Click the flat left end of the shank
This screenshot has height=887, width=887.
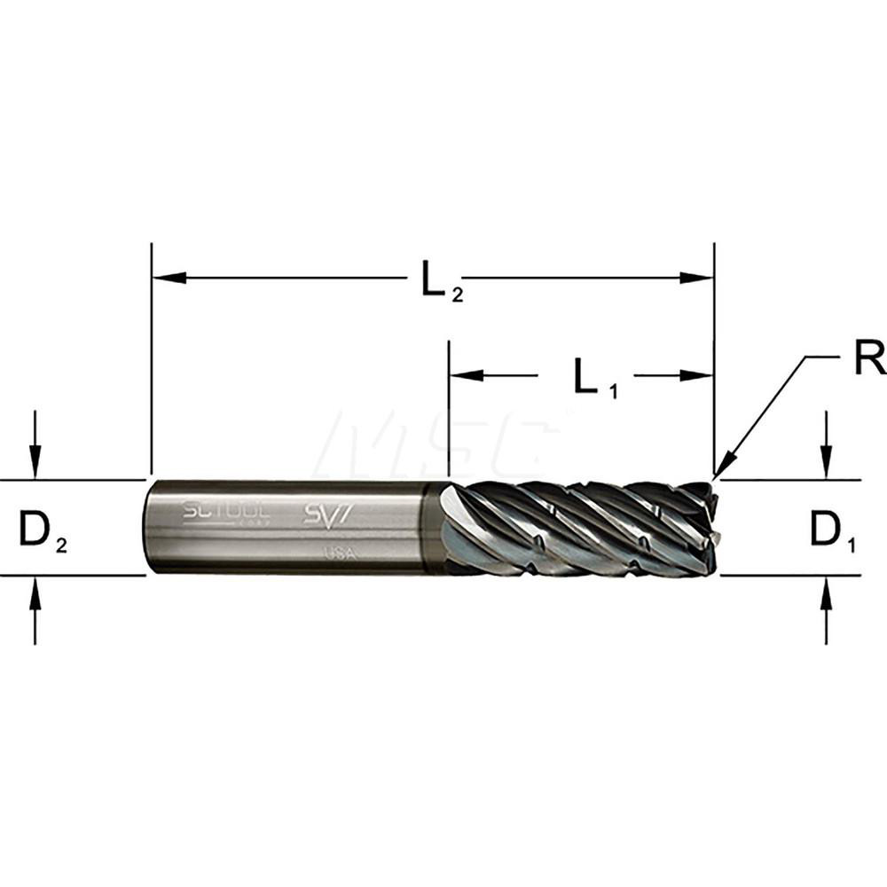[x=148, y=527]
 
